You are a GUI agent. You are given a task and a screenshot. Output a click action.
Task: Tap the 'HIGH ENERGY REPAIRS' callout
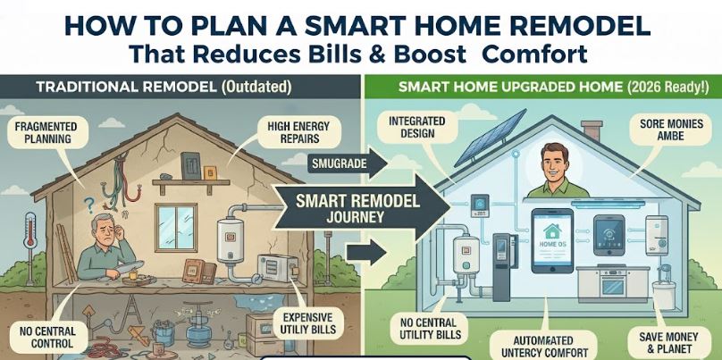point(298,131)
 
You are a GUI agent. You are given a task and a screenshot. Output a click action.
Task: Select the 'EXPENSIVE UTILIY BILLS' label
point(307,324)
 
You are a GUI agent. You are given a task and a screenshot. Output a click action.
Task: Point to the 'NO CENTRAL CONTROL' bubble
point(47,338)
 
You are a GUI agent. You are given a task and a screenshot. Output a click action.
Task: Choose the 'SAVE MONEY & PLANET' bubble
point(668,343)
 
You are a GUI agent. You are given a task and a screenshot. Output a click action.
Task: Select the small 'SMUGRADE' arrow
point(348,163)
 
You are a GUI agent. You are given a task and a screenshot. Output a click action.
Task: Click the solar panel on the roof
point(491,138)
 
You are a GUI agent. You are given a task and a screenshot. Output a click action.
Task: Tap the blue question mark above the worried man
point(89,203)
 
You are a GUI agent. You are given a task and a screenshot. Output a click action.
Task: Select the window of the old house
point(175,228)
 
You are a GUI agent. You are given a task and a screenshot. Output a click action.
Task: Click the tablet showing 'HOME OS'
point(552,241)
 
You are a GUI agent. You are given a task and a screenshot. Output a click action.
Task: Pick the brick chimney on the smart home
point(592,130)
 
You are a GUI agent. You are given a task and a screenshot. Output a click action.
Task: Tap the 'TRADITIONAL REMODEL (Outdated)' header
point(164,88)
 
